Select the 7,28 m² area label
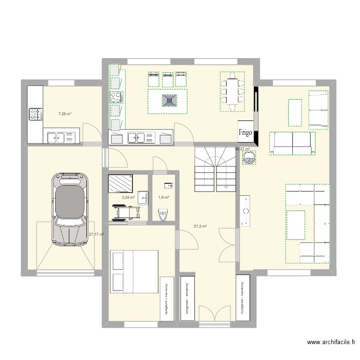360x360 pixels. pyautogui.click(x=65, y=114)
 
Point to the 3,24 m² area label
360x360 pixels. pyautogui.click(x=128, y=197)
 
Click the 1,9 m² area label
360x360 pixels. pyautogui.click(x=163, y=197)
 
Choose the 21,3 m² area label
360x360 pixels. pyautogui.click(x=200, y=226)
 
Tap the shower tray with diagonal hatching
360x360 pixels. pyautogui.click(x=121, y=183)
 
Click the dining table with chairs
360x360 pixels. pyautogui.click(x=232, y=91)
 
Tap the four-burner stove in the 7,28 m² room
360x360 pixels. pyautogui.click(x=36, y=114)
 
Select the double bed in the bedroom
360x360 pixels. pyautogui.click(x=134, y=271)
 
